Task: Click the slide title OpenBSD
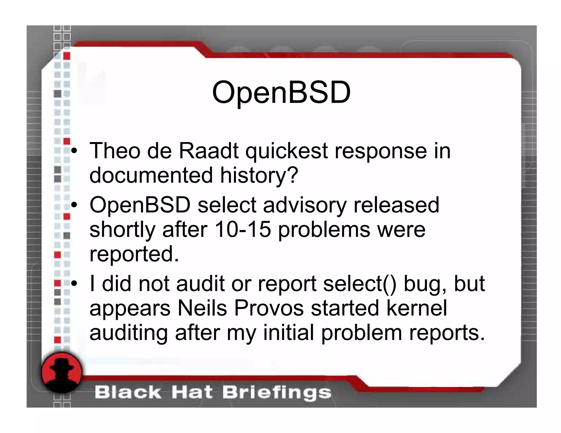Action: click(281, 93)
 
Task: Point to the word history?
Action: click(259, 175)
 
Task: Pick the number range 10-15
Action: click(243, 229)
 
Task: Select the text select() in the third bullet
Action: click(359, 284)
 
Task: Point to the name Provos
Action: click(269, 308)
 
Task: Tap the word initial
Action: click(289, 333)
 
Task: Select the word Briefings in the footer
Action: click(277, 393)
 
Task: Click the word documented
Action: click(151, 175)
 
